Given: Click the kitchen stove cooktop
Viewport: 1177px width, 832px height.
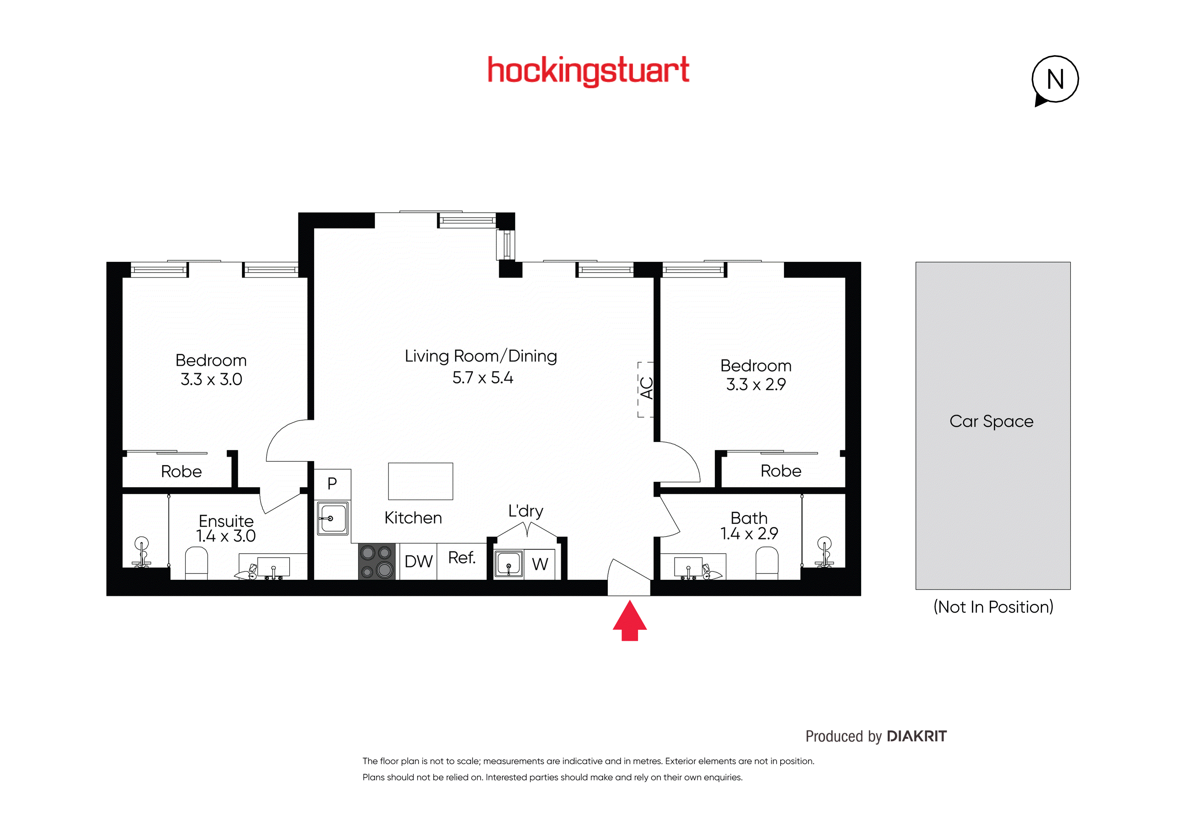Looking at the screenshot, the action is click(x=376, y=562).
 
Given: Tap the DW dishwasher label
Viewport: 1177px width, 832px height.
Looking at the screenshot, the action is click(x=418, y=562).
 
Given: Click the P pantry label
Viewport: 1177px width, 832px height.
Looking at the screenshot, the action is click(x=332, y=483).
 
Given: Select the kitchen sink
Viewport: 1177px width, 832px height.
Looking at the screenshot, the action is click(x=332, y=518).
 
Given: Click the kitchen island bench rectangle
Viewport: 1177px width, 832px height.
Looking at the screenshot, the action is click(x=420, y=481).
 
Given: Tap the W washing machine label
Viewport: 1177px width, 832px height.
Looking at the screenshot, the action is click(x=540, y=564).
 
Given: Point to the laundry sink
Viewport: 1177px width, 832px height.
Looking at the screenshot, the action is click(x=509, y=564).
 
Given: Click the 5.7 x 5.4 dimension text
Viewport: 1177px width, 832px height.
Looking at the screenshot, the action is click(x=482, y=377).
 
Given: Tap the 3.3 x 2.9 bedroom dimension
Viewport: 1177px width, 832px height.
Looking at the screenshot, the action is click(x=756, y=384).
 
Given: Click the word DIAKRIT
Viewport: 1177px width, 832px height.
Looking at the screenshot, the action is click(x=916, y=736).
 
